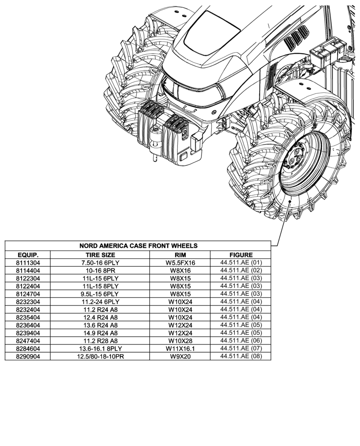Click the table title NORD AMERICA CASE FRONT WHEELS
[138, 246]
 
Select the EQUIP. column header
[28, 255]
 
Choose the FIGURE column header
[241, 255]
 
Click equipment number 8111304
[28, 263]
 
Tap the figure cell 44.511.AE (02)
[241, 270]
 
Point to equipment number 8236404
[28, 325]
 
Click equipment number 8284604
[28, 348]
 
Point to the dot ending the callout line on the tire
[290, 202]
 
